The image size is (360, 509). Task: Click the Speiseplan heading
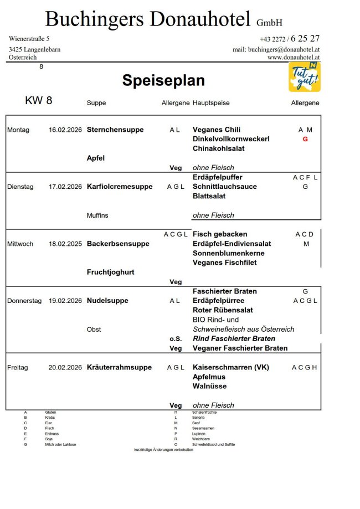pyautogui.click(x=163, y=81)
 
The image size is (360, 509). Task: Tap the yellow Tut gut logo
pyautogui.click(x=304, y=77)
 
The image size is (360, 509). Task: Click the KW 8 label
pyautogui.click(x=38, y=101)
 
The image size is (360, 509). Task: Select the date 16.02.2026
pyautogui.click(x=65, y=130)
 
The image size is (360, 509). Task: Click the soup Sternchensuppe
pyautogui.click(x=115, y=130)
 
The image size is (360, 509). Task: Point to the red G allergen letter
pyautogui.click(x=305, y=140)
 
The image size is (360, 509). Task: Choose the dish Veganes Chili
pyautogui.click(x=217, y=130)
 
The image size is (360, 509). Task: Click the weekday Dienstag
pyautogui.click(x=20, y=187)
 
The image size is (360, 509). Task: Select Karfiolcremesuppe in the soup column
pyautogui.click(x=120, y=187)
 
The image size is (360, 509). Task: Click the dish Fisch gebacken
pyautogui.click(x=220, y=234)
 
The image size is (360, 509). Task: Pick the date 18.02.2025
pyautogui.click(x=65, y=244)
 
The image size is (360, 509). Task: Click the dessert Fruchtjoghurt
pyautogui.click(x=111, y=272)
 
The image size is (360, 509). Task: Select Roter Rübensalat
pyautogui.click(x=223, y=310)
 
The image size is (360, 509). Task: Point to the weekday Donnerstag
pyautogui.click(x=24, y=301)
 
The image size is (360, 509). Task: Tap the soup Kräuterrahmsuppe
pyautogui.click(x=119, y=367)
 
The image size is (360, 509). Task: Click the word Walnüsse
pyautogui.click(x=209, y=386)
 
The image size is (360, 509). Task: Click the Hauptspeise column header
pyautogui.click(x=211, y=103)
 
